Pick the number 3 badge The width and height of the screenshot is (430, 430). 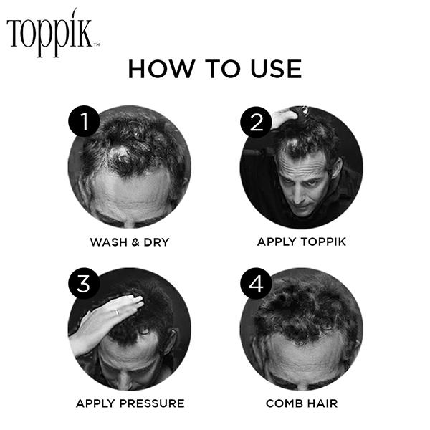click(84, 285)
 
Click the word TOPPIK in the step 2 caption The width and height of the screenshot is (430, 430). click(320, 242)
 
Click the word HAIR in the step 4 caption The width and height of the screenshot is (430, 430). click(322, 403)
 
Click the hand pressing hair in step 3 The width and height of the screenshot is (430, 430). click(107, 319)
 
